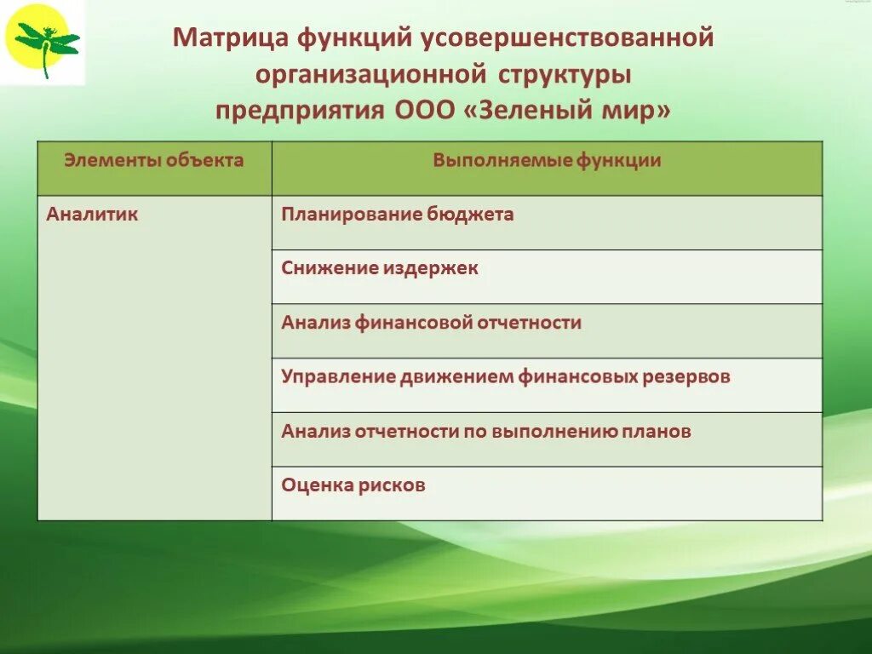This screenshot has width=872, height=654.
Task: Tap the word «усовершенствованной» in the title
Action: (x=564, y=38)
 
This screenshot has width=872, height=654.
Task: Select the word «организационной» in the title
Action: (x=369, y=75)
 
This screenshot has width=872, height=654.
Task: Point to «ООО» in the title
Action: (x=427, y=112)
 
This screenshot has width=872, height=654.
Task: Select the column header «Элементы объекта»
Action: (x=154, y=160)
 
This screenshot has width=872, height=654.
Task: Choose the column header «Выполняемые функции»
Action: (x=547, y=160)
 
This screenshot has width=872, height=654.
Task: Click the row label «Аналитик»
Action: (x=92, y=215)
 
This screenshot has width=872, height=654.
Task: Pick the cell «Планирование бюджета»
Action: (x=398, y=215)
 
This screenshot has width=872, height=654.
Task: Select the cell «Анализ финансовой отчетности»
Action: (x=432, y=323)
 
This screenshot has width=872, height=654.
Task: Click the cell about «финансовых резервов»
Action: (x=506, y=376)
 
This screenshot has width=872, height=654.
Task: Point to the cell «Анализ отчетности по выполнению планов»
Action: (x=486, y=431)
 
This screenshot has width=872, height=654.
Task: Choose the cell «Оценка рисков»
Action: (x=353, y=485)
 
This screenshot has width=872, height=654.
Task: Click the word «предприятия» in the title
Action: (x=301, y=112)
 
